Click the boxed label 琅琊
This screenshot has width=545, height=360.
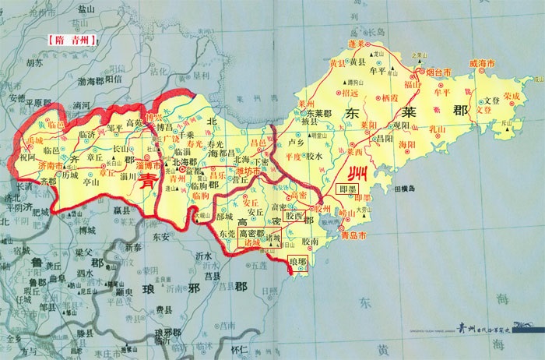(x=299, y=259)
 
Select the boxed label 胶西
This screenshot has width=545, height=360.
(x=294, y=214)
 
